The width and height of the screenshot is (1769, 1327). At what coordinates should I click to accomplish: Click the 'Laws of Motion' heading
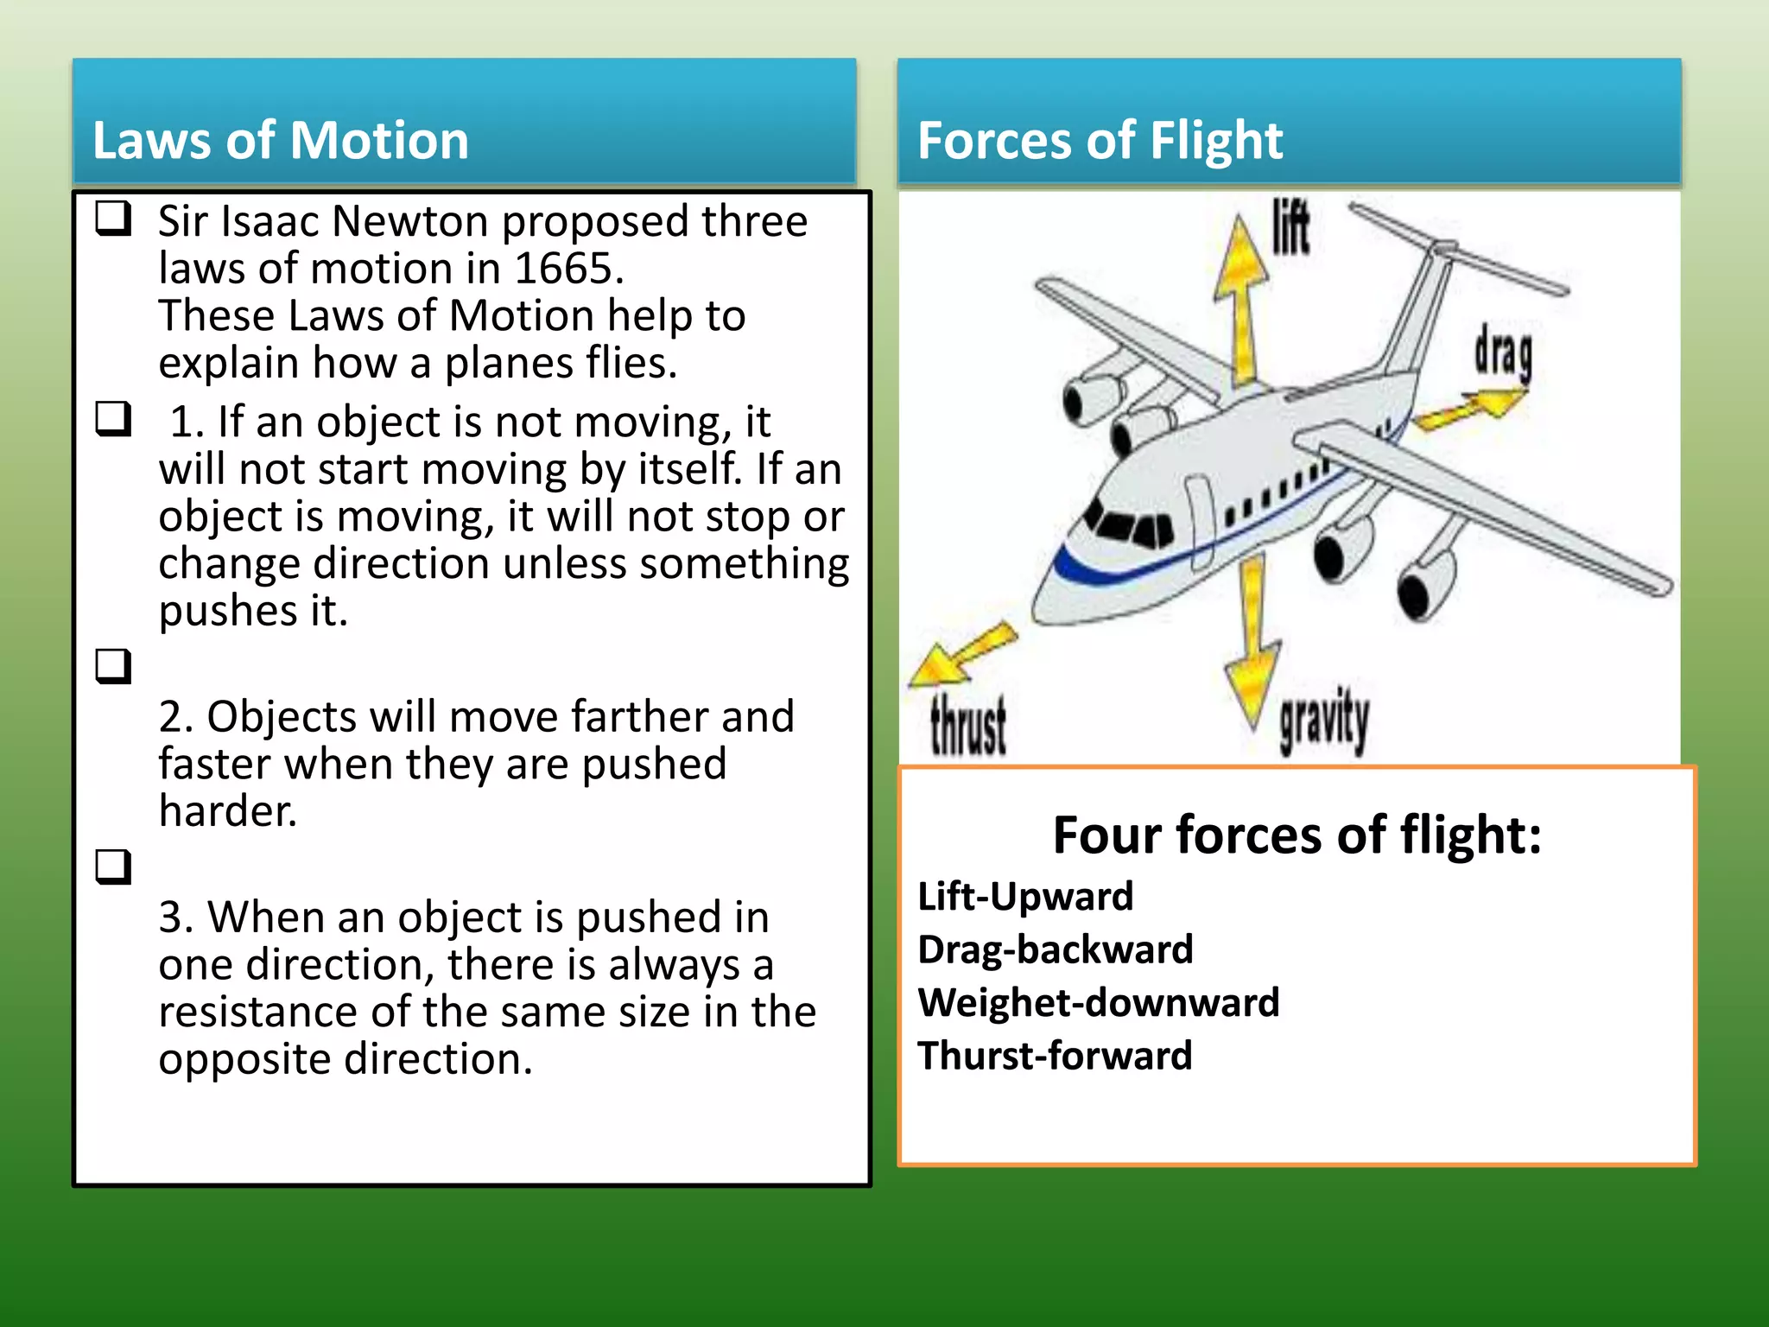pos(280,140)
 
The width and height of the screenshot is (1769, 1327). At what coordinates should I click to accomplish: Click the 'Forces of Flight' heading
pos(1100,140)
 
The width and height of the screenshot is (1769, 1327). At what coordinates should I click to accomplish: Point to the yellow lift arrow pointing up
pos(1242,294)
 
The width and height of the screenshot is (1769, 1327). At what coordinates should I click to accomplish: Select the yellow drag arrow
pos(1468,408)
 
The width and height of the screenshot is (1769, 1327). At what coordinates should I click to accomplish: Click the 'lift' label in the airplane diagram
pos(1290,228)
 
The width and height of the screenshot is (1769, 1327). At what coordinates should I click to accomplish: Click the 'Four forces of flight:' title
pos(1297,835)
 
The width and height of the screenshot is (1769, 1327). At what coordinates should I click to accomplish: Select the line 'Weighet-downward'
pos(1098,1003)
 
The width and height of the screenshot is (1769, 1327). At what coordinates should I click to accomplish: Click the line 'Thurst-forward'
pos(1055,1056)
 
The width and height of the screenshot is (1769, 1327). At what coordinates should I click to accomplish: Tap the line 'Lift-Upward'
pos(1025,896)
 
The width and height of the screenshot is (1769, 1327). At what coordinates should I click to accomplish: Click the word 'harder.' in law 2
pos(228,811)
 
